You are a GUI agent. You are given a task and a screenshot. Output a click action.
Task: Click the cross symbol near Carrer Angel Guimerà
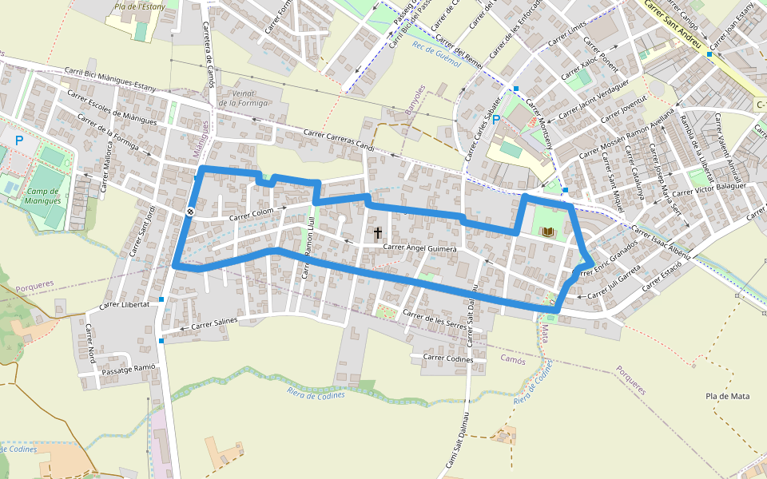point(378,233)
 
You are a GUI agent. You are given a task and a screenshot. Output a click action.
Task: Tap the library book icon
point(548,232)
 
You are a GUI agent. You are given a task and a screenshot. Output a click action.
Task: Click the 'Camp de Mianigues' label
point(44,196)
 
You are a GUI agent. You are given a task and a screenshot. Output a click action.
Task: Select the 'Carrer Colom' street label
point(251,214)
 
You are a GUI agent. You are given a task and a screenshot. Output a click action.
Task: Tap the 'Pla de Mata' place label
point(728,396)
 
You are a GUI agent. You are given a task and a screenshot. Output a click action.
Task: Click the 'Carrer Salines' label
point(214,323)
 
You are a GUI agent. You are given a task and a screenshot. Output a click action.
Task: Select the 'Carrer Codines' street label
point(447,358)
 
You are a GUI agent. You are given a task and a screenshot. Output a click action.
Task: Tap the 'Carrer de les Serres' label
point(435,321)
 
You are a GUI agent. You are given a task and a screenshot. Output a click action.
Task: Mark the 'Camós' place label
point(512,360)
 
